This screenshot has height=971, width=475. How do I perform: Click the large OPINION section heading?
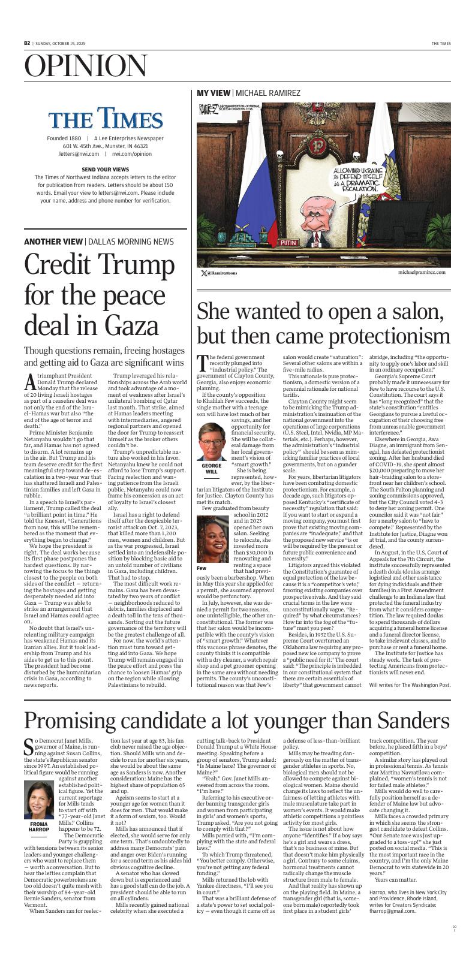point(86,66)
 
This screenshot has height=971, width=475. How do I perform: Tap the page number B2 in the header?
point(27,43)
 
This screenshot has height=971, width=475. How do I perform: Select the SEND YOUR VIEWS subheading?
point(105,169)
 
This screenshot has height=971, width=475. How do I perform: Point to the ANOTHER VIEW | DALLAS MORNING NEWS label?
point(99,242)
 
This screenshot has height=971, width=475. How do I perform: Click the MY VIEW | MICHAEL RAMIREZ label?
point(248,93)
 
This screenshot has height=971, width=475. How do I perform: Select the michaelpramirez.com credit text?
point(421,272)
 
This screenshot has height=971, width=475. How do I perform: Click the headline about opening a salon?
point(323,324)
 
